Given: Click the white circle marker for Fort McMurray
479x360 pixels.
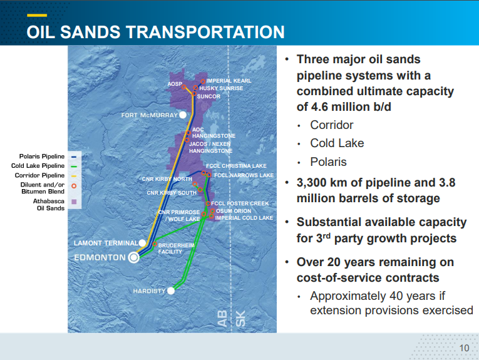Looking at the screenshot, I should [x=182, y=115].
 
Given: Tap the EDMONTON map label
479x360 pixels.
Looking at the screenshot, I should [x=100, y=257].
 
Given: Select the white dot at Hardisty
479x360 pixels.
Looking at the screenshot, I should [x=170, y=291].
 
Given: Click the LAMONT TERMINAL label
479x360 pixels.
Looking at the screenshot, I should [x=105, y=243].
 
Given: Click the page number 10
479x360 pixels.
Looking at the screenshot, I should [x=464, y=349].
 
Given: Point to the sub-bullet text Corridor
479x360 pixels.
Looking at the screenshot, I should [x=332, y=125].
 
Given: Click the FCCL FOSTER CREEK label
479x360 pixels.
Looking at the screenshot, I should [x=240, y=203].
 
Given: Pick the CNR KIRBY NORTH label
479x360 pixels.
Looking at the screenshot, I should [x=167, y=179].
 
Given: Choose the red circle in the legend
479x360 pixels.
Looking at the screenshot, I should [x=74, y=185].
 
